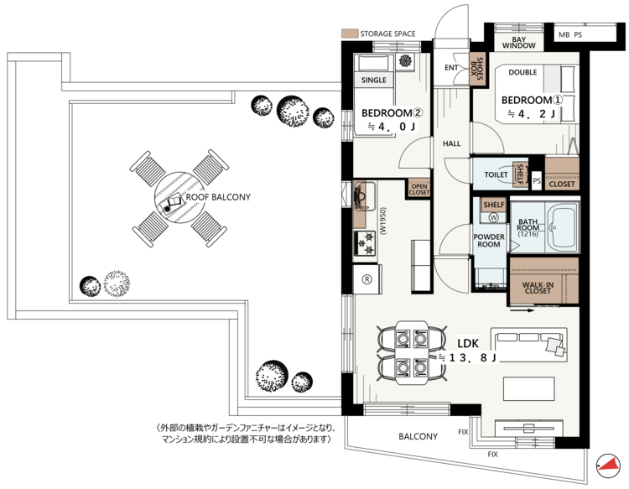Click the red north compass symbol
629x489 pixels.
[x=607, y=466]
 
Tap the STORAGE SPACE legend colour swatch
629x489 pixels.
[x=350, y=34]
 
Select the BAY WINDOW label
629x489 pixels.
[x=518, y=43]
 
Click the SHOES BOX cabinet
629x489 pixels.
[x=477, y=69]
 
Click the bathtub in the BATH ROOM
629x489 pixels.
[x=562, y=227]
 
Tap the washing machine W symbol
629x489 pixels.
[x=493, y=217]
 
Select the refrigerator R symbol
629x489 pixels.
[x=366, y=279]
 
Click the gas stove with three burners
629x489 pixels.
[x=365, y=242]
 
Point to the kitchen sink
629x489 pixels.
[x=364, y=196]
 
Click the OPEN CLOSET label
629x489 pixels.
[x=419, y=190]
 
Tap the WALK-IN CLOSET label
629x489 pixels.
[x=538, y=288]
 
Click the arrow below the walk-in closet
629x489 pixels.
[x=522, y=310]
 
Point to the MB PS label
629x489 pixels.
[x=570, y=35]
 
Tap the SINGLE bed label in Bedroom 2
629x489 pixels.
[x=373, y=81]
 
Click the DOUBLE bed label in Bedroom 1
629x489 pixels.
[x=522, y=72]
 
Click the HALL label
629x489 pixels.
[x=452, y=143]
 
